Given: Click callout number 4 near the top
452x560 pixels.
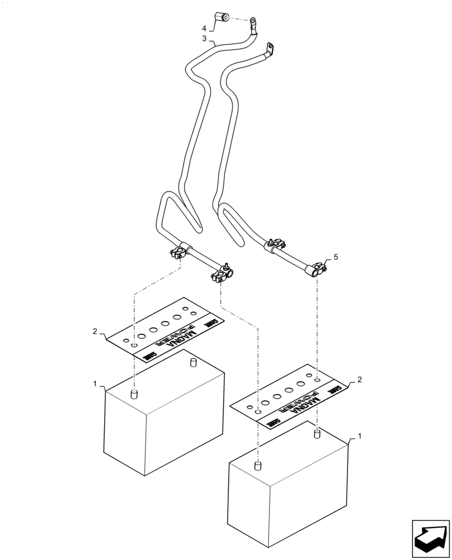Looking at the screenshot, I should pyautogui.click(x=204, y=27).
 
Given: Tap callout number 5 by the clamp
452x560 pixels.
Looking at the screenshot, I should pyautogui.click(x=336, y=257).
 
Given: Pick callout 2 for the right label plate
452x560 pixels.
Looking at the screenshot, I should pyautogui.click(x=359, y=380).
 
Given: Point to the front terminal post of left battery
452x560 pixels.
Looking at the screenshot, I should pyautogui.click(x=134, y=395).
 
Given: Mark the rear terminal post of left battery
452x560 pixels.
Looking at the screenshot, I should pyautogui.click(x=193, y=362).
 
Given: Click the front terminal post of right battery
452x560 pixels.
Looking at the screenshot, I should pyautogui.click(x=258, y=465).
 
